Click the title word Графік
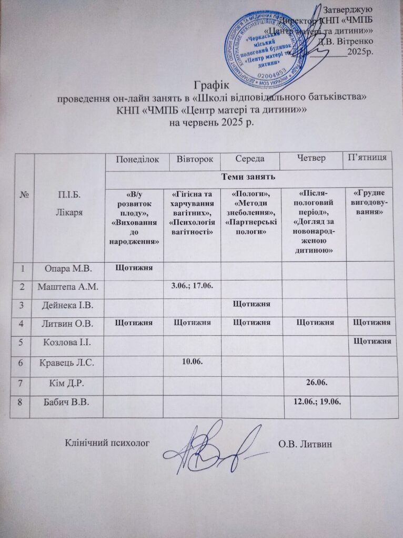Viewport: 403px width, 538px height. (209, 83)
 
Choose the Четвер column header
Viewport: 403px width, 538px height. (311, 158)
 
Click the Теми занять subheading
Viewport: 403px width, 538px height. (248, 178)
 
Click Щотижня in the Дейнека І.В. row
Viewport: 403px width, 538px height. (251, 304)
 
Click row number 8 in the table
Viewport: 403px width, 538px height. (23, 402)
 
